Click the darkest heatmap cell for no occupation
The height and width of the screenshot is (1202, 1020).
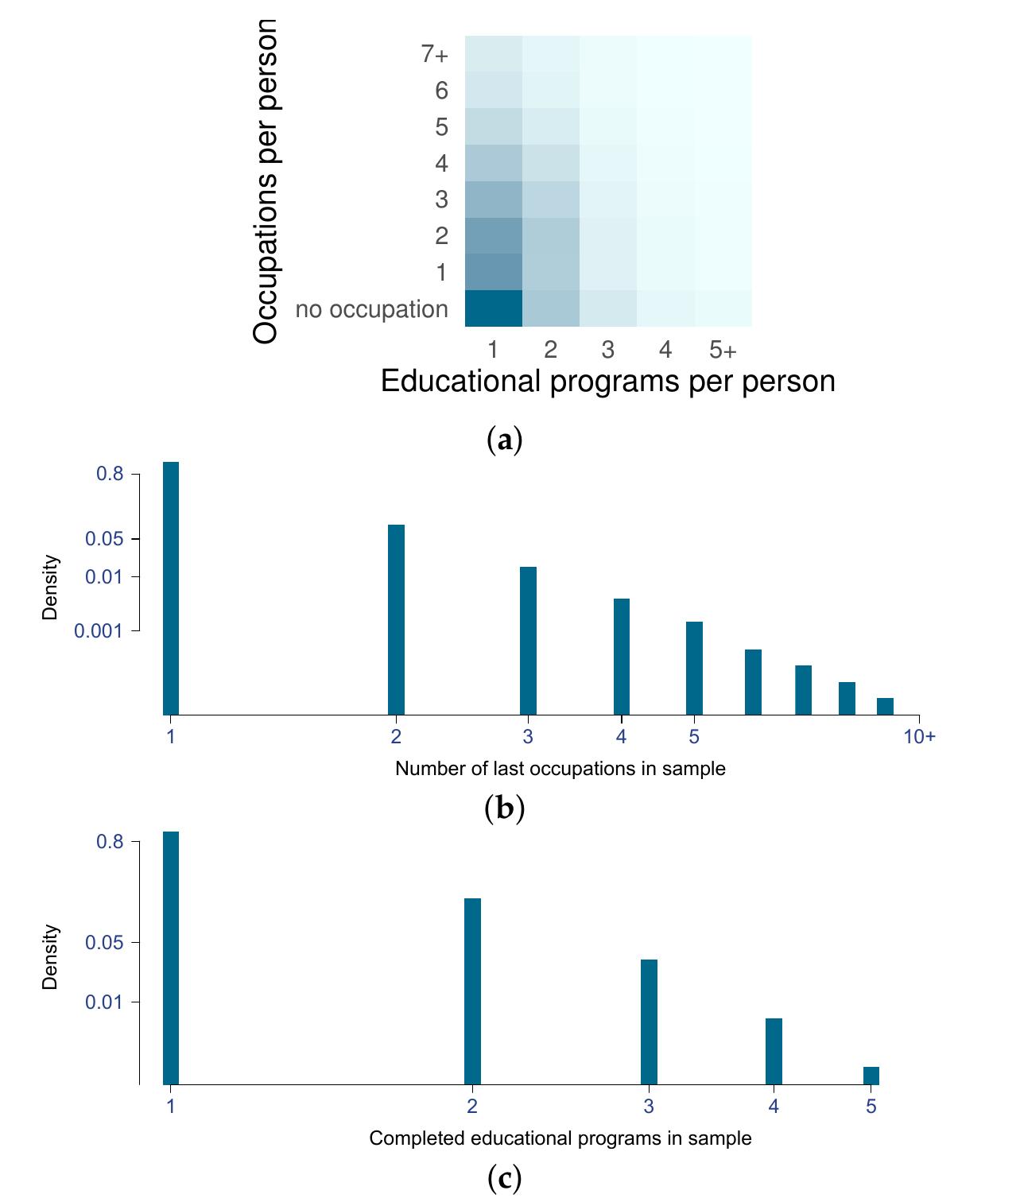(493, 308)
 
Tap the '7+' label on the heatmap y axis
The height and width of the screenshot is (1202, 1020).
(435, 54)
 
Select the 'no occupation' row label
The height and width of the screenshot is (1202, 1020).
(371, 309)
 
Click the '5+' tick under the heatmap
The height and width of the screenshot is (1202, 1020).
(723, 350)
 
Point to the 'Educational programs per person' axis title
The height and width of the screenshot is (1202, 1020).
(607, 382)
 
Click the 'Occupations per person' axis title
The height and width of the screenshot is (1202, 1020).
(266, 181)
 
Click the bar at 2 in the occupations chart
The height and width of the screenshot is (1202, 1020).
(396, 619)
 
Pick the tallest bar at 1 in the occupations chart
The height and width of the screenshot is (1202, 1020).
(171, 587)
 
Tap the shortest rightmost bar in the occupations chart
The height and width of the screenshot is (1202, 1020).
(885, 706)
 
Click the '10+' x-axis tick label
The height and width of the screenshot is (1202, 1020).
(919, 737)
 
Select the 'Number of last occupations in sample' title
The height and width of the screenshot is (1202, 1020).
(560, 769)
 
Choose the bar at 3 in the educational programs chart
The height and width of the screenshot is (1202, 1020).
(649, 1022)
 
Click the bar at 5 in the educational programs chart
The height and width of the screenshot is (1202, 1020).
(871, 1076)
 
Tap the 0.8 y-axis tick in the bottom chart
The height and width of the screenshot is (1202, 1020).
(110, 841)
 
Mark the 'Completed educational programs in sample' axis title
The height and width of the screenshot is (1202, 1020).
(560, 1138)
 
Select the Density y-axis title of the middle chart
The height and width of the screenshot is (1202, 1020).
(51, 587)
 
